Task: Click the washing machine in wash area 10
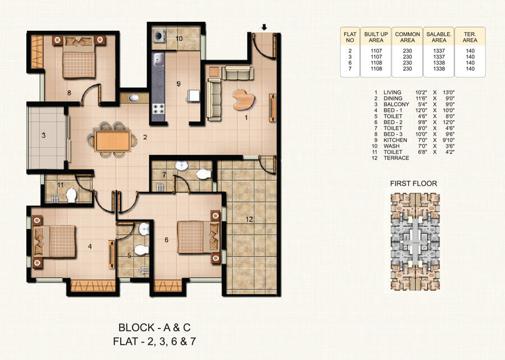click(x=158, y=38)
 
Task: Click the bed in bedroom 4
click(x=56, y=241)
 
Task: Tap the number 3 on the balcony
click(x=43, y=135)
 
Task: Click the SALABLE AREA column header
click(x=438, y=38)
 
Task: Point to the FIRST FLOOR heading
click(x=413, y=183)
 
